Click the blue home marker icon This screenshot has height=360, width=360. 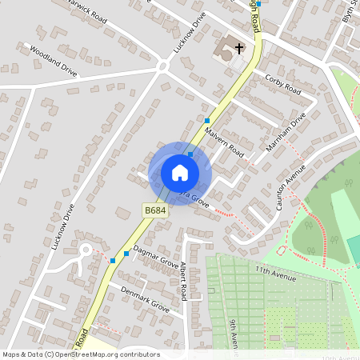pyautogui.click(x=180, y=173)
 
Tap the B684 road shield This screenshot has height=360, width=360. pyautogui.click(x=155, y=210)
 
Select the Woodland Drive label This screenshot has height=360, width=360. pyautogui.click(x=54, y=61)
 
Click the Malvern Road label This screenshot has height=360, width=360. pyautogui.click(x=223, y=141)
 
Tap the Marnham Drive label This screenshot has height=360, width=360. pyautogui.click(x=286, y=133)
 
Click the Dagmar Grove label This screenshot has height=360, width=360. pyautogui.click(x=156, y=255)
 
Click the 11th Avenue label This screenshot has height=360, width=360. pyautogui.click(x=276, y=274)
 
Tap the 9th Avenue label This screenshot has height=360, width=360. pyautogui.click(x=233, y=333)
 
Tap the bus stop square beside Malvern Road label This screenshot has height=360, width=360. pyautogui.click(x=206, y=119)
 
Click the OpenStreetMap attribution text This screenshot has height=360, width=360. pyautogui.click(x=80, y=354)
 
